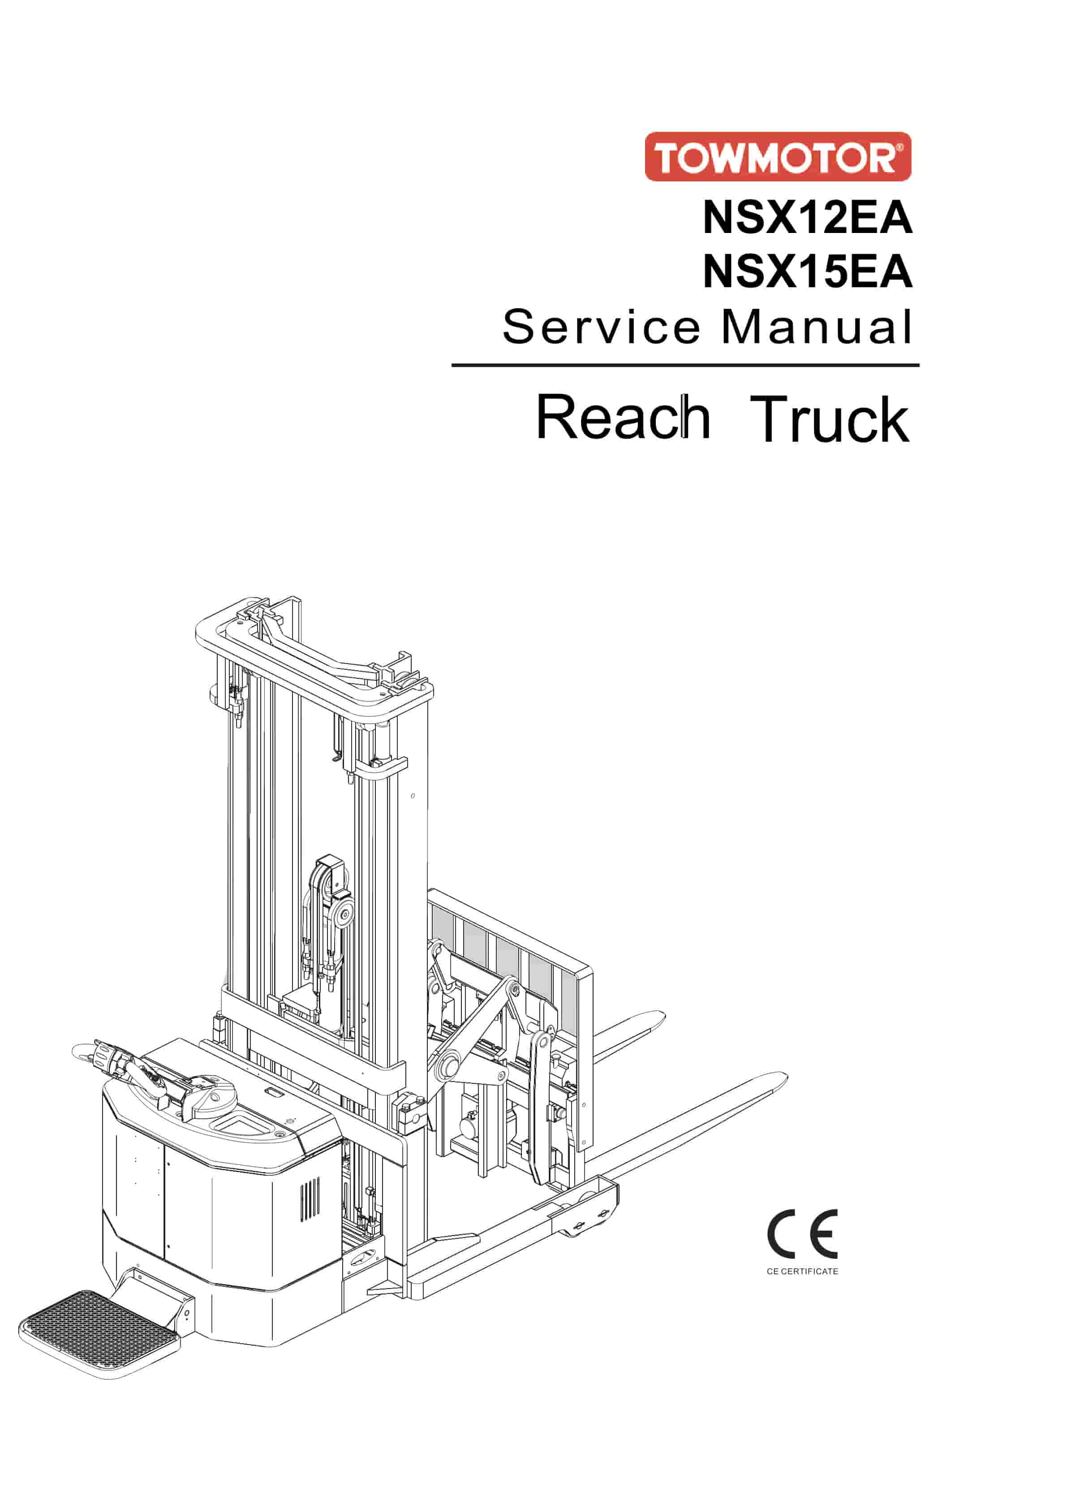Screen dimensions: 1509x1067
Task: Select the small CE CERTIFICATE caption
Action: (802, 1272)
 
